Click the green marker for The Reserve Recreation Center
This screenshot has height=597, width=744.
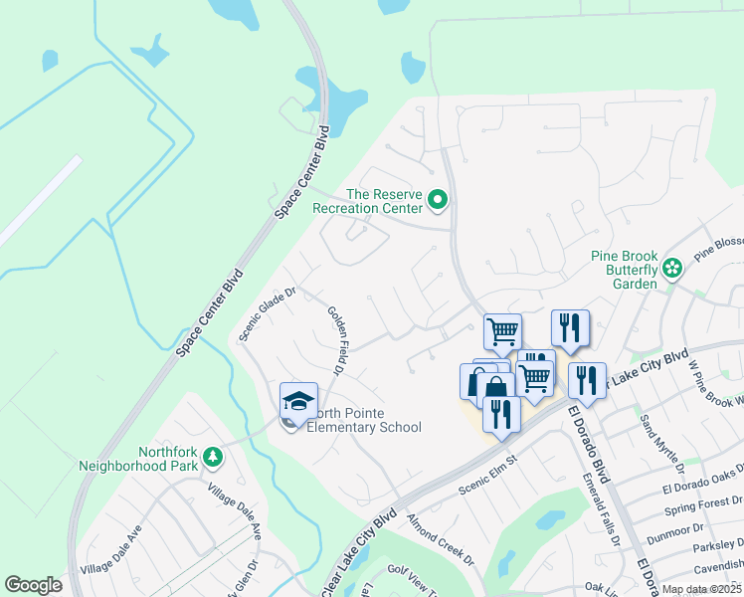tap(438, 202)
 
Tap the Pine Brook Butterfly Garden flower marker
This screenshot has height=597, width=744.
tap(673, 267)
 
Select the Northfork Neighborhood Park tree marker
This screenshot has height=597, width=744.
tap(211, 457)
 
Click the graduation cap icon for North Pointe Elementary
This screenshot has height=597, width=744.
tap(298, 401)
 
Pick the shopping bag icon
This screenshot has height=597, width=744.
tap(494, 385)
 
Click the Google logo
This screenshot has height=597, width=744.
tap(34, 585)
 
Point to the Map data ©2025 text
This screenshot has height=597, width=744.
tap(700, 589)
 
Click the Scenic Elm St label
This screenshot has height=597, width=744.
tap(488, 476)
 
